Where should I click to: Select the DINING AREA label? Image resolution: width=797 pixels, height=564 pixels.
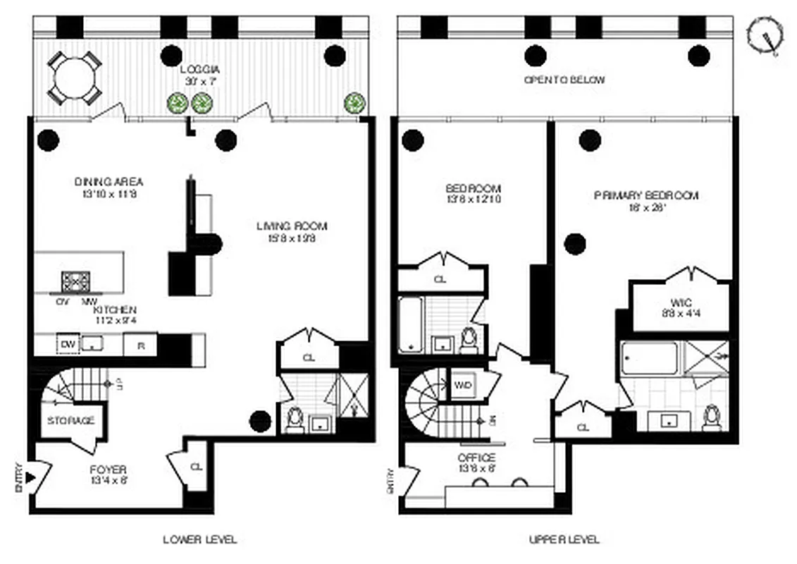point(109,182)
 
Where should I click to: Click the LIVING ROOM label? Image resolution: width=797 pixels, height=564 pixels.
point(292,226)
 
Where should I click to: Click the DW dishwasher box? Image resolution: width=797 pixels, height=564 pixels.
point(68,344)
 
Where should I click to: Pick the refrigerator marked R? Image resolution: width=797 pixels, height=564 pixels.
point(140,345)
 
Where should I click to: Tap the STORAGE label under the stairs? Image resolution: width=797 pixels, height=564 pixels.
point(70,421)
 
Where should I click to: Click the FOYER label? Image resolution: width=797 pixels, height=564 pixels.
point(108,470)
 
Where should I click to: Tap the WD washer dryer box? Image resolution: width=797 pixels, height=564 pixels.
point(463,386)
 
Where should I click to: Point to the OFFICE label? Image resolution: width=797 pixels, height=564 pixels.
point(476,458)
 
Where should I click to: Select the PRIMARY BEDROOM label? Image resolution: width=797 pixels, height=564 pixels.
point(645,195)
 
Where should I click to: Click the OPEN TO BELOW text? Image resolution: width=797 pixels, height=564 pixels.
point(564,80)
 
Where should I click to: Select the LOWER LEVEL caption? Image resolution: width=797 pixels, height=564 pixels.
point(200,540)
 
